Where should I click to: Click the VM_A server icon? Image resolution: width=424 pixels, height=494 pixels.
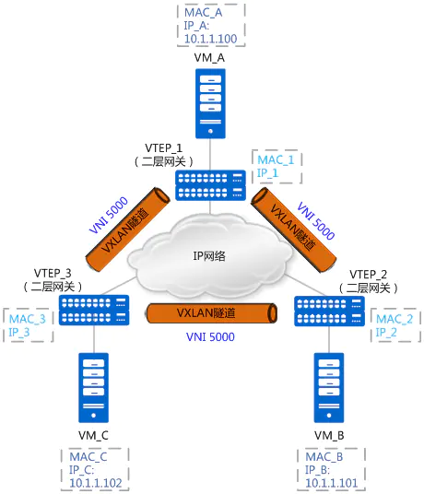(x=210, y=103)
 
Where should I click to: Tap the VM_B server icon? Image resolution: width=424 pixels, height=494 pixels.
(x=329, y=387)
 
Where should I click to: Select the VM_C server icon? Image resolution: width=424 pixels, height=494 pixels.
(x=94, y=387)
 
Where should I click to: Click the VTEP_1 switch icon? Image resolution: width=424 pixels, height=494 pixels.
(x=210, y=185)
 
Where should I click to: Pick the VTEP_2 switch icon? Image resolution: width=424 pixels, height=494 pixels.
(x=329, y=311)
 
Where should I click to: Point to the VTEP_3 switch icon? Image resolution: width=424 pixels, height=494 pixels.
(x=94, y=310)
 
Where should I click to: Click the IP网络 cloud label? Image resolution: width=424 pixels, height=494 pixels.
(x=209, y=256)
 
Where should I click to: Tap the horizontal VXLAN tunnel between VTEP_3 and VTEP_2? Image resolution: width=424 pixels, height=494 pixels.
(x=212, y=313)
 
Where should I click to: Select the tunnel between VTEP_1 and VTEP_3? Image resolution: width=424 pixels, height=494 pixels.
(x=128, y=229)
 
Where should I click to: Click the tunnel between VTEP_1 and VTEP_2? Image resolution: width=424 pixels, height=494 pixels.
(x=294, y=229)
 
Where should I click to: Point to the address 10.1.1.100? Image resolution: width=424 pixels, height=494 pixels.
(x=210, y=39)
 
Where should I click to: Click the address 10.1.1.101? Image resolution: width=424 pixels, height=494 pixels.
(x=332, y=483)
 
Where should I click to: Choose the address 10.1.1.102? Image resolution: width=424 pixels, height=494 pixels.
(x=96, y=483)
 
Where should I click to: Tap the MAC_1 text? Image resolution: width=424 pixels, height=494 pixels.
(x=276, y=160)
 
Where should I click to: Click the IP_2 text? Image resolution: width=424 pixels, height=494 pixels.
(x=386, y=332)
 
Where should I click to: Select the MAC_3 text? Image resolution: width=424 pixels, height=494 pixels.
(x=28, y=319)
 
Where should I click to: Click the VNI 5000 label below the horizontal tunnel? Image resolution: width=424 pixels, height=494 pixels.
(x=210, y=336)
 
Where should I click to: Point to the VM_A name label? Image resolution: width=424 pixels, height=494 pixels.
(x=209, y=58)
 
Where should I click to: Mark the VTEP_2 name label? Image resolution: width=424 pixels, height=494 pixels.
(x=369, y=275)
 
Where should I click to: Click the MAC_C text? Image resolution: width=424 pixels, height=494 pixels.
(x=88, y=456)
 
